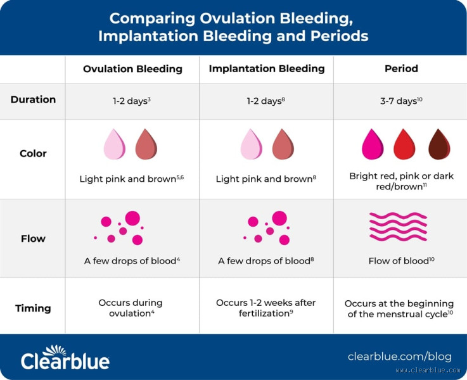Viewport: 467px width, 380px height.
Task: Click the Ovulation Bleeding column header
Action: (132, 68)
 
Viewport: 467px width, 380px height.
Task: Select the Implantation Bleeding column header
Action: (267, 68)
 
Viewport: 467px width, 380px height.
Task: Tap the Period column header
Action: (401, 68)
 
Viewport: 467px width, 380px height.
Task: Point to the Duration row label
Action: (33, 99)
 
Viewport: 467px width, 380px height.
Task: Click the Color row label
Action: (33, 153)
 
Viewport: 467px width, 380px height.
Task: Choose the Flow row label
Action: (33, 239)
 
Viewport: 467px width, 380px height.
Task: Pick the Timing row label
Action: (33, 308)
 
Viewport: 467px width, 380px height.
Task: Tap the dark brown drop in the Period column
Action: (438, 144)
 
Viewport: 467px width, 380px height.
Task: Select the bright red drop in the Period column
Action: (404, 144)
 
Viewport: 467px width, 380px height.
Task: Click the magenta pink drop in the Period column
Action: (372, 144)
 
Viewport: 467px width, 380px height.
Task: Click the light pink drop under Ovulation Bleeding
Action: (115, 144)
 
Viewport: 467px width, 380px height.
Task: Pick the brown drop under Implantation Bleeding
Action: (283, 144)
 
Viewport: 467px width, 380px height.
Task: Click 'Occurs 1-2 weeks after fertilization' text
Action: (266, 308)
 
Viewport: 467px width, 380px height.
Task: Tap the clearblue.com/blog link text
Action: (399, 356)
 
